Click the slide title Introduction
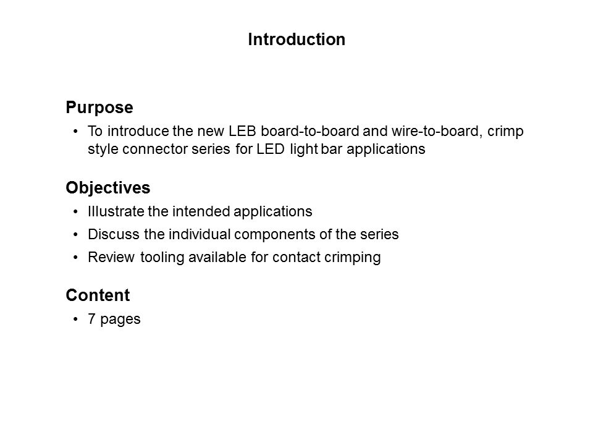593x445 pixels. [x=296, y=40]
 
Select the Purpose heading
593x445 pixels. [x=99, y=108]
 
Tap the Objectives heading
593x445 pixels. [x=107, y=188]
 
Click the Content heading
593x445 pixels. [x=98, y=295]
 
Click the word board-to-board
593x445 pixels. [x=310, y=131]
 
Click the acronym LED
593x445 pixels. [x=271, y=149]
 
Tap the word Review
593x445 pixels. [x=111, y=257]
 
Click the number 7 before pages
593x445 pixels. [x=91, y=319]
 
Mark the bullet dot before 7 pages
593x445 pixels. [x=75, y=319]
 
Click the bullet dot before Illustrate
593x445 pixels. [x=75, y=211]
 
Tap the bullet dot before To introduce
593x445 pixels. [x=75, y=131]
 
